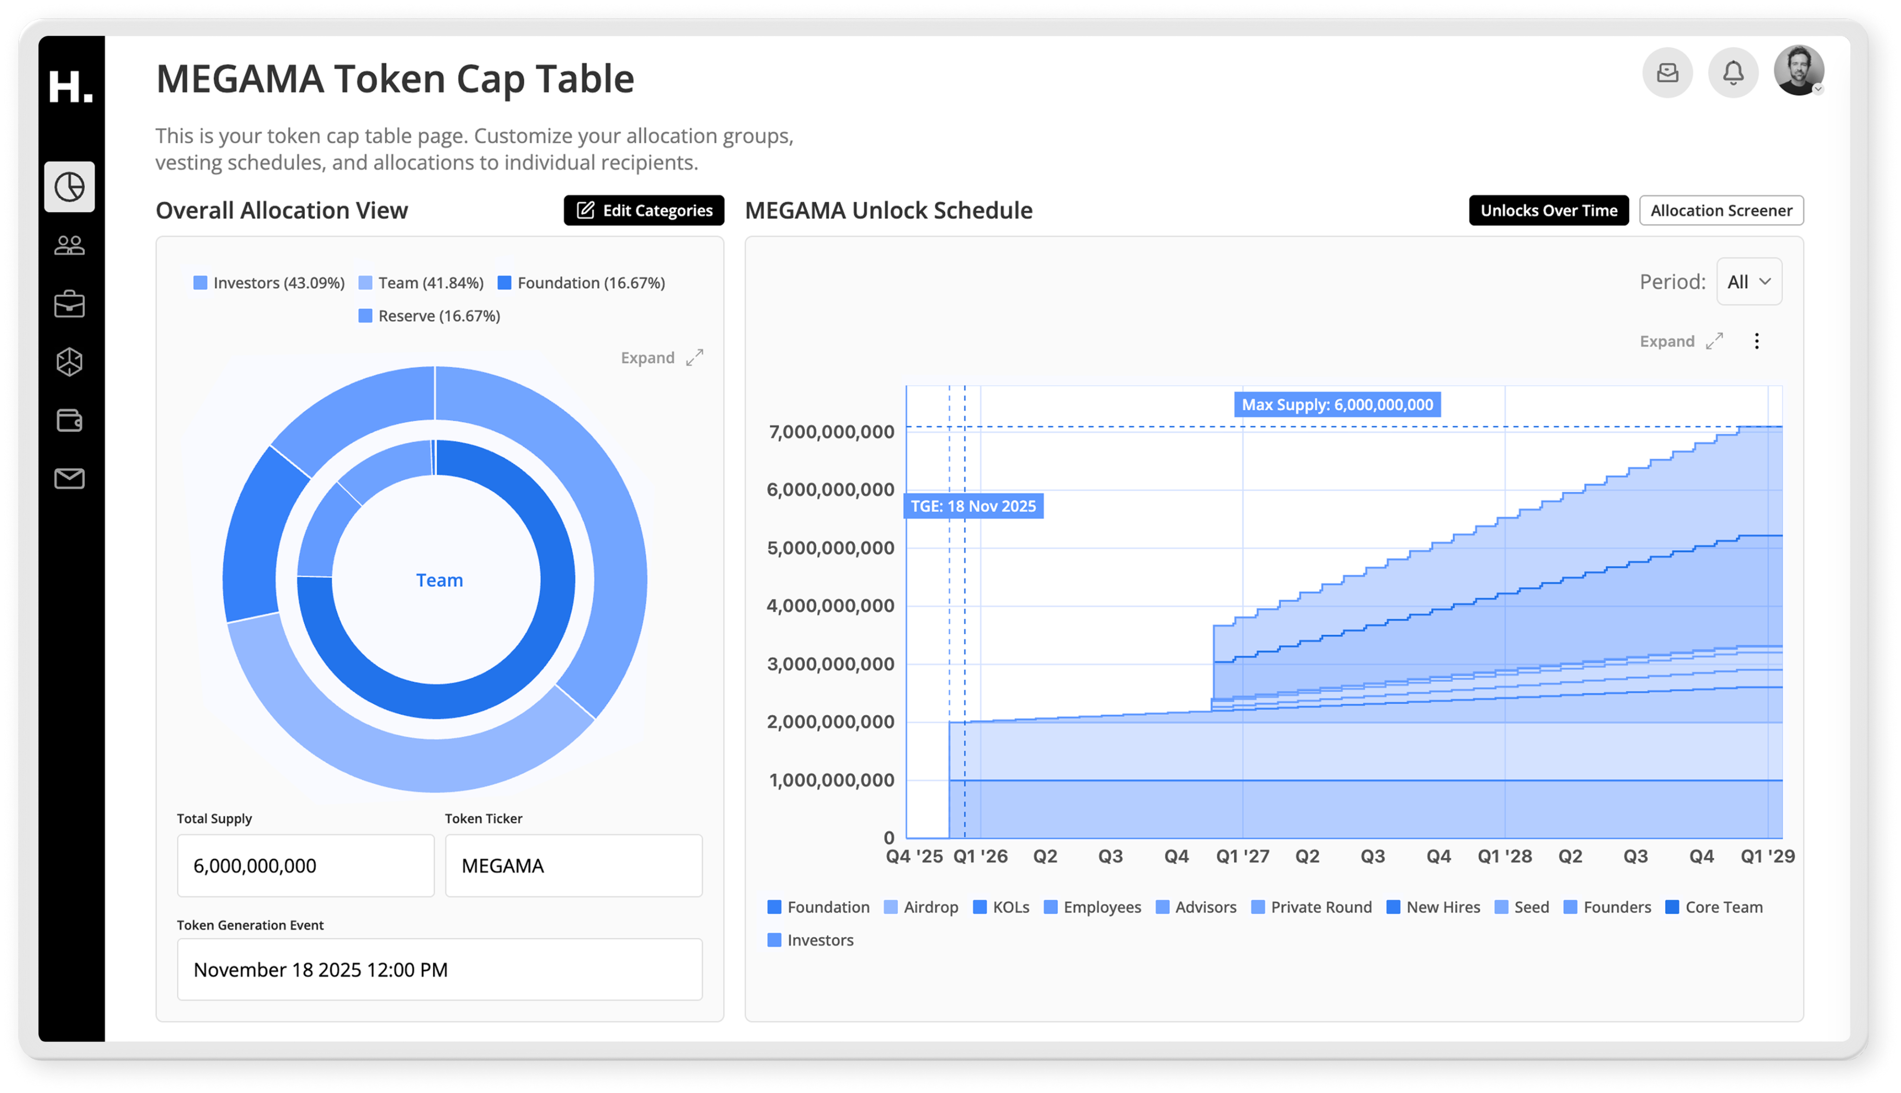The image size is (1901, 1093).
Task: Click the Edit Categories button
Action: point(643,210)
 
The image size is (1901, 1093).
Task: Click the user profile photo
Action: point(1798,71)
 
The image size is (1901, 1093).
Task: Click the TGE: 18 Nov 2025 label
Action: point(973,506)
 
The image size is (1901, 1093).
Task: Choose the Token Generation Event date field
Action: point(439,969)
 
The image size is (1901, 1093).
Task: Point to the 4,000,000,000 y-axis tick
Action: point(830,605)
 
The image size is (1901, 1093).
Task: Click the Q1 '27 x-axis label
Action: point(1242,856)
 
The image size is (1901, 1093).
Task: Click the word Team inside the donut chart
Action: point(439,580)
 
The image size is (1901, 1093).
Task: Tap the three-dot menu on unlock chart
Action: point(1756,342)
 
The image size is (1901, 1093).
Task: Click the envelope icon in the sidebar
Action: point(69,478)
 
